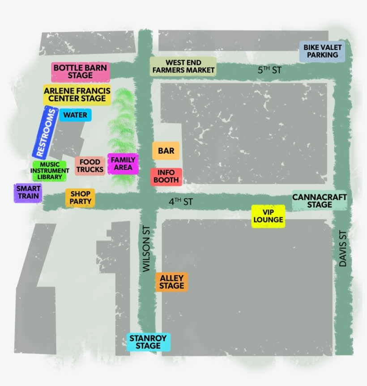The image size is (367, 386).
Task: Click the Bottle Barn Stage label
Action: (81, 72)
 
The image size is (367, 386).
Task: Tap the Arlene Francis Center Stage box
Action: (77, 95)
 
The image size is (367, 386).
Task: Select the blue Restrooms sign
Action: (46, 133)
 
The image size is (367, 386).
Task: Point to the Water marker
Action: (75, 115)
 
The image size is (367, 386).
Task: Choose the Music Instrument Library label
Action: (49, 171)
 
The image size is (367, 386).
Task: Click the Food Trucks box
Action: (90, 166)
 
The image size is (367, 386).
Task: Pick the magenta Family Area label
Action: (123, 164)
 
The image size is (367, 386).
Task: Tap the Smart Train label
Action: (28, 193)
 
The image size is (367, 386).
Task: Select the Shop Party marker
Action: (81, 197)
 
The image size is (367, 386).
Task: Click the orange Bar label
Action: (166, 151)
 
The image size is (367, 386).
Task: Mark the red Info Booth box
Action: (166, 176)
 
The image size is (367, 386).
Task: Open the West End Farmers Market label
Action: (183, 67)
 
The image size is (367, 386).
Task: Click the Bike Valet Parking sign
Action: (322, 51)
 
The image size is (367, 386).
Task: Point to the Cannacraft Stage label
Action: (320, 201)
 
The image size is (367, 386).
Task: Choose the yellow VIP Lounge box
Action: (268, 216)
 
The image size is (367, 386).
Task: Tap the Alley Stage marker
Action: (172, 282)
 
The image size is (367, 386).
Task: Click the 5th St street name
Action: (269, 70)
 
